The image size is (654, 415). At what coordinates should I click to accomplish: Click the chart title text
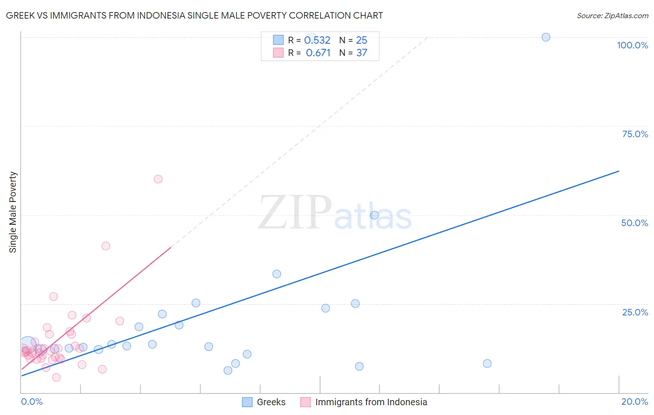pos(194,15)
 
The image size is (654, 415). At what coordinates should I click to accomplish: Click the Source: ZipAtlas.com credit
pos(612,15)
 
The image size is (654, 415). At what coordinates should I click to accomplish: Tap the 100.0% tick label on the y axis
pos(632,45)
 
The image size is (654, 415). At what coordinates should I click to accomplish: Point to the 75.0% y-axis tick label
pos(635,134)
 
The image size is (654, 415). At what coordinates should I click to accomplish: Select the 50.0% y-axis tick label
pos(634,223)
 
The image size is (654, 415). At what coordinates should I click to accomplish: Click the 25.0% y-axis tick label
pos(635,312)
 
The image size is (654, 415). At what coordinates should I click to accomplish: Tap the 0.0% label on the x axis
pos(32,402)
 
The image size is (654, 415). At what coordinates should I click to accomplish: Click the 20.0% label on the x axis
pos(634,402)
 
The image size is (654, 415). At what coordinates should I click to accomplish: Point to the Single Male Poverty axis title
pos(13,212)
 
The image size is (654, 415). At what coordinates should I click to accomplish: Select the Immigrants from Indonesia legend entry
pos(364,402)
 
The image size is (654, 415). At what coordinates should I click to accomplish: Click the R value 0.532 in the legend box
pos(317,40)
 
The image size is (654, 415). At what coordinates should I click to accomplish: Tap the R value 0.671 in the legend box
pos(318,53)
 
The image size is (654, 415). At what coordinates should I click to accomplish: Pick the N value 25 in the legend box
pos(361,40)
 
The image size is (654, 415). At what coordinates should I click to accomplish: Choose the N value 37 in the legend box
pos(361,53)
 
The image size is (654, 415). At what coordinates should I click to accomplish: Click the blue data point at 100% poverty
pos(546,37)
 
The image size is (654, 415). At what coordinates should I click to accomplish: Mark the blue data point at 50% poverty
pos(374,215)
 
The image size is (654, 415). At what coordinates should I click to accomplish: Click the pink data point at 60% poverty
pos(158,179)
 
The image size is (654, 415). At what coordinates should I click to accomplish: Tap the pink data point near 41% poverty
pos(106,246)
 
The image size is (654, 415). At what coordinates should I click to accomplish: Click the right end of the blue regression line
pos(619,171)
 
